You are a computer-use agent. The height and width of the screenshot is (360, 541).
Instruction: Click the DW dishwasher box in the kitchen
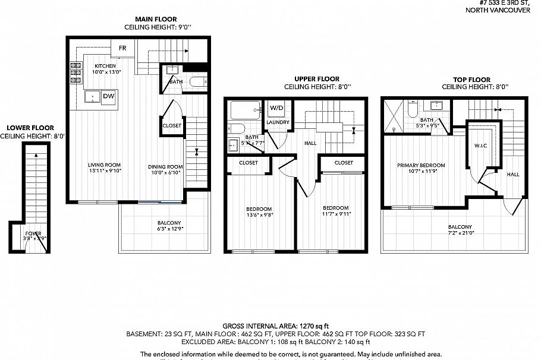point(108,96)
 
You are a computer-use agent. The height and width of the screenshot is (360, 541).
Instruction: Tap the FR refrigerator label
point(122,48)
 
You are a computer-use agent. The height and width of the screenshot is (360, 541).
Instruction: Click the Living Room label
point(105,165)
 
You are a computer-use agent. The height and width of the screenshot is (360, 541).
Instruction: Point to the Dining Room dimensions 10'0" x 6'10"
point(165,173)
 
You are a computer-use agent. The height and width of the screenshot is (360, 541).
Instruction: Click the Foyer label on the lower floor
point(33,233)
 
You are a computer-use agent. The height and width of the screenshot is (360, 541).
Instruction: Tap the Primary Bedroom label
point(421,165)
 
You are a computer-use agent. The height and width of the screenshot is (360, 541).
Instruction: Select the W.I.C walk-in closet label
point(481,145)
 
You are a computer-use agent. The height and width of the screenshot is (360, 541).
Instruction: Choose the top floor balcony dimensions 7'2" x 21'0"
point(460,234)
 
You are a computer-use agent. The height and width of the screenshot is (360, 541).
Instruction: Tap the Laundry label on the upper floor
point(278,122)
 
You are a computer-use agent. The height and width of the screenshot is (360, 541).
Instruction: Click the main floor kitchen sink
point(92,96)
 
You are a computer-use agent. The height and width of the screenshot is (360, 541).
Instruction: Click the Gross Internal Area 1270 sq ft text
point(275,326)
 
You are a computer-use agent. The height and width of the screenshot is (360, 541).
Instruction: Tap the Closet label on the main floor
point(172,125)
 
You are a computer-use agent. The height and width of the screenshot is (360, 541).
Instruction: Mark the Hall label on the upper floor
point(310,143)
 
